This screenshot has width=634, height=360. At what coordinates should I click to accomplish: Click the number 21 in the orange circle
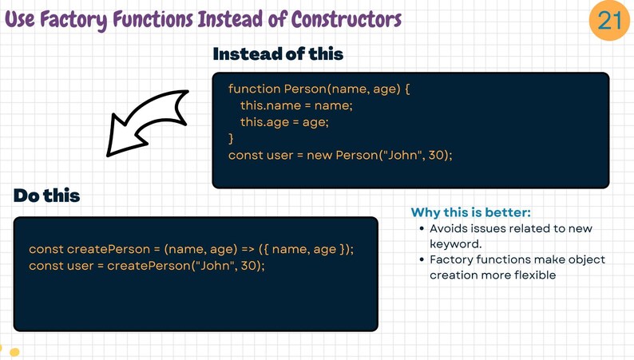[x=609, y=19]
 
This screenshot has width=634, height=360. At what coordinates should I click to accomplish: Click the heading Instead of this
[x=278, y=54]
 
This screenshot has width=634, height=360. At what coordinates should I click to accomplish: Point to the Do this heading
[x=46, y=196]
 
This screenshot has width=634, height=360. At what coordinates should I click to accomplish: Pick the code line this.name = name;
[x=295, y=105]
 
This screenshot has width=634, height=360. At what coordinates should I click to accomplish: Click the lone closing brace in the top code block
[x=232, y=139]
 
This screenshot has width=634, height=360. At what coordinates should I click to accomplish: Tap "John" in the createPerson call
[x=216, y=265]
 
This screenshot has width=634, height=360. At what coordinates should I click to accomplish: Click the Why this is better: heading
[x=470, y=212]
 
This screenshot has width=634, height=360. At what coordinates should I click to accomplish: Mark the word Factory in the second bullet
[x=454, y=260]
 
